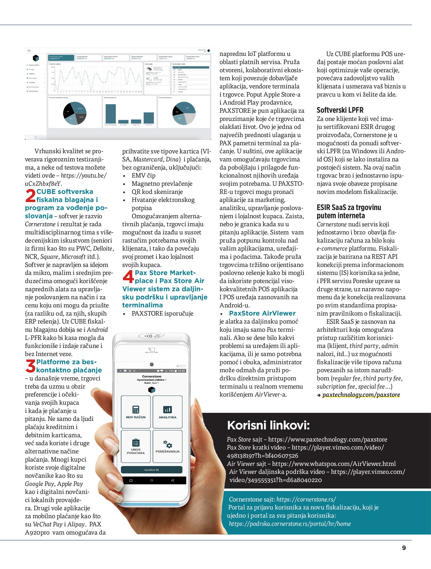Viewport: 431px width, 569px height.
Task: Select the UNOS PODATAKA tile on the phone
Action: coord(136,446)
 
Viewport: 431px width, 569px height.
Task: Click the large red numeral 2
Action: coord(30,196)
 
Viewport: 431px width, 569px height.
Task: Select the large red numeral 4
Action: coord(128,277)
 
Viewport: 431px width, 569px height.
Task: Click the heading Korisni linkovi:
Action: coord(268,425)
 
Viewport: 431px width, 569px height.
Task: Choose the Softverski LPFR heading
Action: coord(340,110)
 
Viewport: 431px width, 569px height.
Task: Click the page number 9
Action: coord(404,548)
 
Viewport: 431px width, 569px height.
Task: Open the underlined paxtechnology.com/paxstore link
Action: coord(361,395)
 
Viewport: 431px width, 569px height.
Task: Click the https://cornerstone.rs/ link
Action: coord(306,499)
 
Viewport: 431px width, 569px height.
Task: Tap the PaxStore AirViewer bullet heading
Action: coord(262,313)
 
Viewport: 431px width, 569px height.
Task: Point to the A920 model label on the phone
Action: coord(181,366)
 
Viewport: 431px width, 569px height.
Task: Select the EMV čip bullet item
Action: coord(143,175)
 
